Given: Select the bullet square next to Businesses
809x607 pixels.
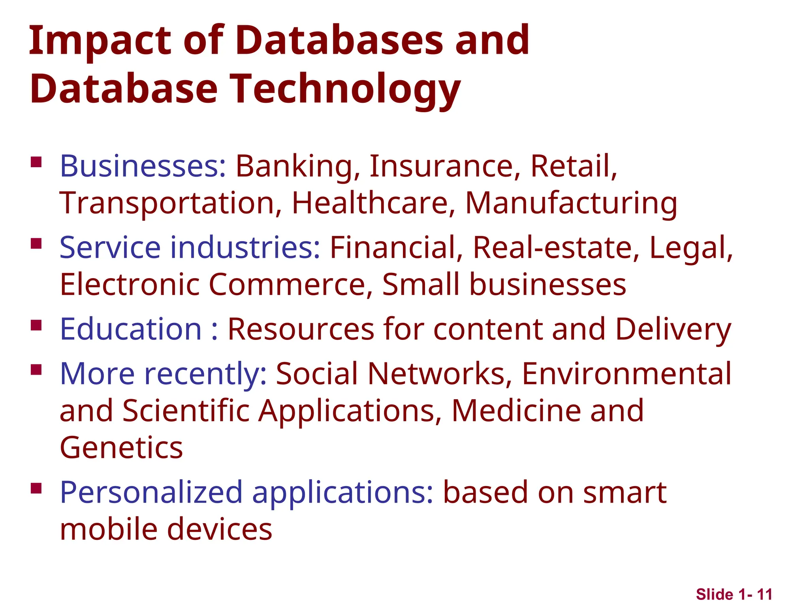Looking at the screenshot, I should tap(36, 162).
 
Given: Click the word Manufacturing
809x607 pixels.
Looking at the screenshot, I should tap(571, 203).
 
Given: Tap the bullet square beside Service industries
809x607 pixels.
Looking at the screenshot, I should tap(36, 243).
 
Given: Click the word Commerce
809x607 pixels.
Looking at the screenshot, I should tap(290, 285).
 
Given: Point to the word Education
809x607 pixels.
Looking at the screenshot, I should tap(131, 329).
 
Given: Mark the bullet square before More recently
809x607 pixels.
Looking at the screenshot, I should tap(36, 369).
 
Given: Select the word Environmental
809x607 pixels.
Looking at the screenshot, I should tap(627, 374).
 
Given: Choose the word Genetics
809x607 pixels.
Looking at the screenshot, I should tap(121, 448).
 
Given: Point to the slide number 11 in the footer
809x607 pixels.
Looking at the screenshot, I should tap(764, 594).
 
